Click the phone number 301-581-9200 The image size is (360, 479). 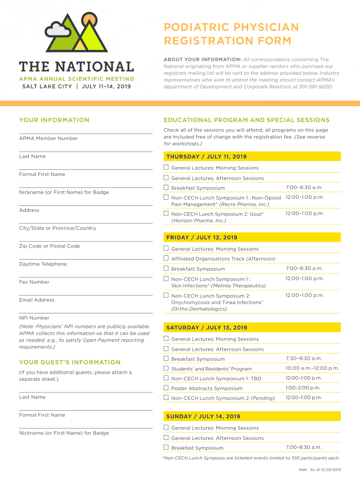(316, 87)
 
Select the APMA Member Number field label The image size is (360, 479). (49, 138)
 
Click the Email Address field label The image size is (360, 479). (37, 300)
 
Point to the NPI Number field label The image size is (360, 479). (34, 318)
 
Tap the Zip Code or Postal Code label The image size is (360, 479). (50, 246)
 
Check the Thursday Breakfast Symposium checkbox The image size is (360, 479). (166, 188)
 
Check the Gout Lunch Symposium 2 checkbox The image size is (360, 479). (166, 213)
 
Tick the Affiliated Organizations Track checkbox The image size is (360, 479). (166, 258)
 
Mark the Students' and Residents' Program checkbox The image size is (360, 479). (166, 368)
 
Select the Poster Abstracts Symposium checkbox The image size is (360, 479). (166, 388)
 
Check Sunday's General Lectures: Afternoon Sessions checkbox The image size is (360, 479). (166, 437)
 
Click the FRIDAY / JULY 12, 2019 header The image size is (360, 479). (202, 238)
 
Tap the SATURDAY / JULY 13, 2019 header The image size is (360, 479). (207, 327)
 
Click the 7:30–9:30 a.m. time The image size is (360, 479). (304, 358)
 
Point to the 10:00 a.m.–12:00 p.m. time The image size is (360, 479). (312, 368)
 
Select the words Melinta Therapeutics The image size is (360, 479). (238, 286)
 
